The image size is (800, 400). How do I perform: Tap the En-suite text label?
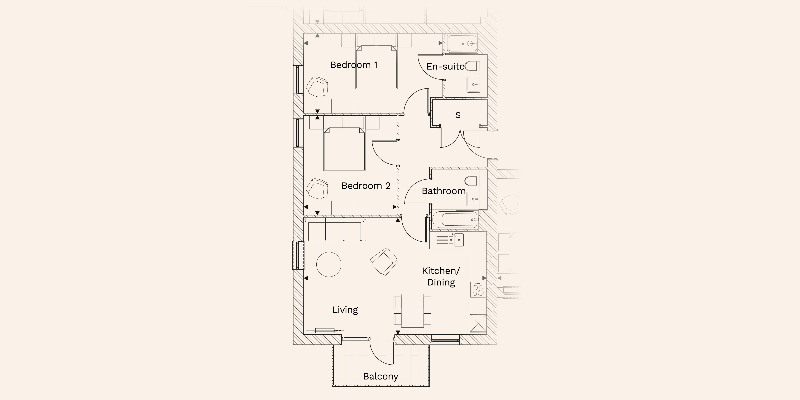445,66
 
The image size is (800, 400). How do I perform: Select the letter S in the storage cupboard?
458,115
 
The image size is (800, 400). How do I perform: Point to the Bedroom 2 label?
366,186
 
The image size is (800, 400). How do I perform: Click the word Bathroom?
443,191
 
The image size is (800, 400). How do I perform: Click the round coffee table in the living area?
329,264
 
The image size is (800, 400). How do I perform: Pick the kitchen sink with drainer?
450,240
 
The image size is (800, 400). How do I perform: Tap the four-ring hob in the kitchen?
478,289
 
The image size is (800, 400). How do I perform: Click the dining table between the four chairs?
412,311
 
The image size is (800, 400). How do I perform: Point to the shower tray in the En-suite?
462,43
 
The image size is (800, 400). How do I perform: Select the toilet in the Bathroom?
472,181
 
